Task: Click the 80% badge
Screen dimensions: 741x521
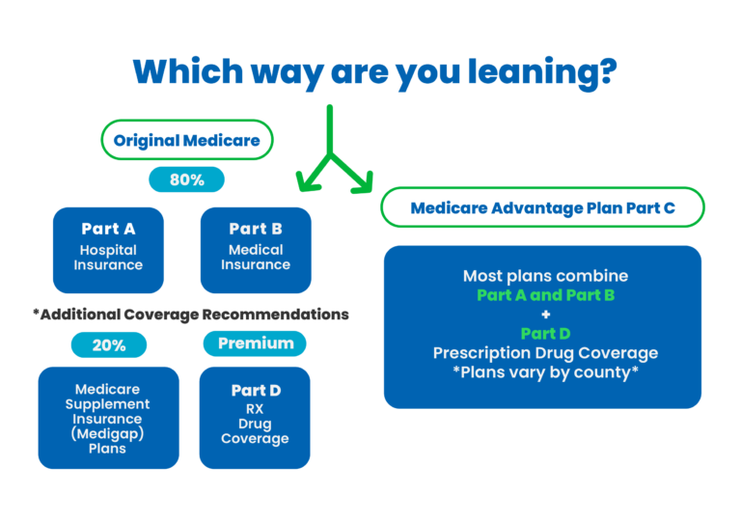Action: tap(186, 179)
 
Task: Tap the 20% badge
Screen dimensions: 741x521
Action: tap(109, 344)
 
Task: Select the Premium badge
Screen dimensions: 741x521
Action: tap(255, 343)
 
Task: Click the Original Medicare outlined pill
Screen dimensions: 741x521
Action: tap(187, 140)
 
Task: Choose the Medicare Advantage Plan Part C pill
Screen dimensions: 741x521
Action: tap(542, 207)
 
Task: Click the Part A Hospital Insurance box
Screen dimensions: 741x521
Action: tap(108, 250)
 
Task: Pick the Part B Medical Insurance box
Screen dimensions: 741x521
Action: tap(256, 250)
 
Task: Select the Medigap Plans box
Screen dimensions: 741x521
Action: tap(109, 418)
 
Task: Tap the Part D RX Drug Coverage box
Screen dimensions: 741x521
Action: tap(255, 418)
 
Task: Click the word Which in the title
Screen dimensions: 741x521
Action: tap(188, 71)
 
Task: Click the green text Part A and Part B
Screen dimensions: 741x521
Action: tap(546, 295)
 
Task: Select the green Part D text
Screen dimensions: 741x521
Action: tap(546, 334)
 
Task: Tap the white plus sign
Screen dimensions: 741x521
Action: tap(546, 315)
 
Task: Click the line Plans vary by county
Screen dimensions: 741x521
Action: tap(546, 372)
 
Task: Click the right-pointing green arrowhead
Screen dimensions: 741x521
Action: tap(364, 184)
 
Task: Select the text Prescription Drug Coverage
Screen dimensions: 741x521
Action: tap(546, 353)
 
